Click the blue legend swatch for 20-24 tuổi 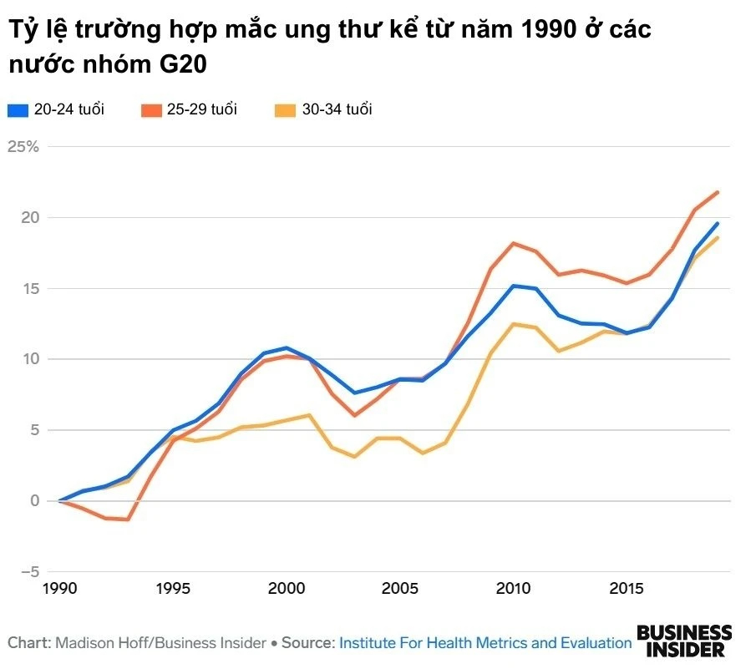18,109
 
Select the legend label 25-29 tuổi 202,109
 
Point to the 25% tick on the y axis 23,147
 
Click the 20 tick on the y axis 30,218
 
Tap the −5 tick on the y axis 30,572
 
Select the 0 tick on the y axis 34,501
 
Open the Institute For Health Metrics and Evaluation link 485,643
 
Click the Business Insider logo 684,641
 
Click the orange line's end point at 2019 717,192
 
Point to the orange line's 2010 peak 513,243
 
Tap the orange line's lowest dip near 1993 128,519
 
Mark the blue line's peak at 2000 286,347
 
